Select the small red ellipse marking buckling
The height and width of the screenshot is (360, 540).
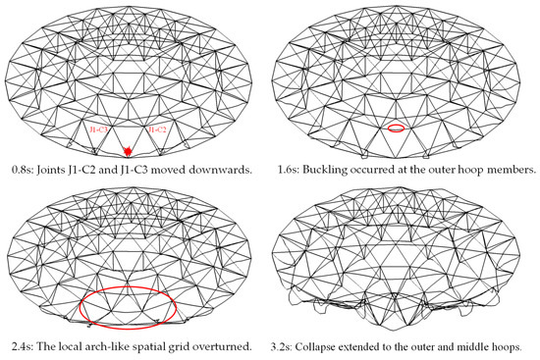396,128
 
